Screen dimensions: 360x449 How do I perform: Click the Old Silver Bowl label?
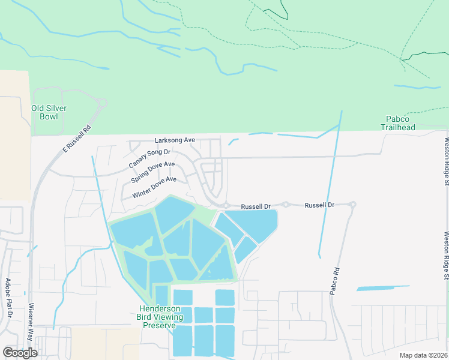click(x=49, y=112)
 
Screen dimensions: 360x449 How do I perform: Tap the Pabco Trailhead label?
click(x=398, y=123)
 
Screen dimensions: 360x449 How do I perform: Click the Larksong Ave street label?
click(x=175, y=140)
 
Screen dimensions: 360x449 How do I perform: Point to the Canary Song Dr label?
click(x=149, y=157)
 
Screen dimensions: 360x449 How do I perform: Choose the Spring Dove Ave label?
click(x=152, y=173)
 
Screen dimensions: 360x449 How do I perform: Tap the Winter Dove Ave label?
click(x=154, y=187)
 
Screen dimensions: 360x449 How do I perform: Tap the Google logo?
click(x=20, y=352)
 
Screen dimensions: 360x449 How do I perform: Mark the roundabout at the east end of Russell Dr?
click(x=352, y=205)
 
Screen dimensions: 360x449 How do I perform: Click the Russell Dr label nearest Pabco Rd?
click(x=319, y=205)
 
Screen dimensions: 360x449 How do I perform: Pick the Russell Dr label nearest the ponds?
click(x=256, y=206)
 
